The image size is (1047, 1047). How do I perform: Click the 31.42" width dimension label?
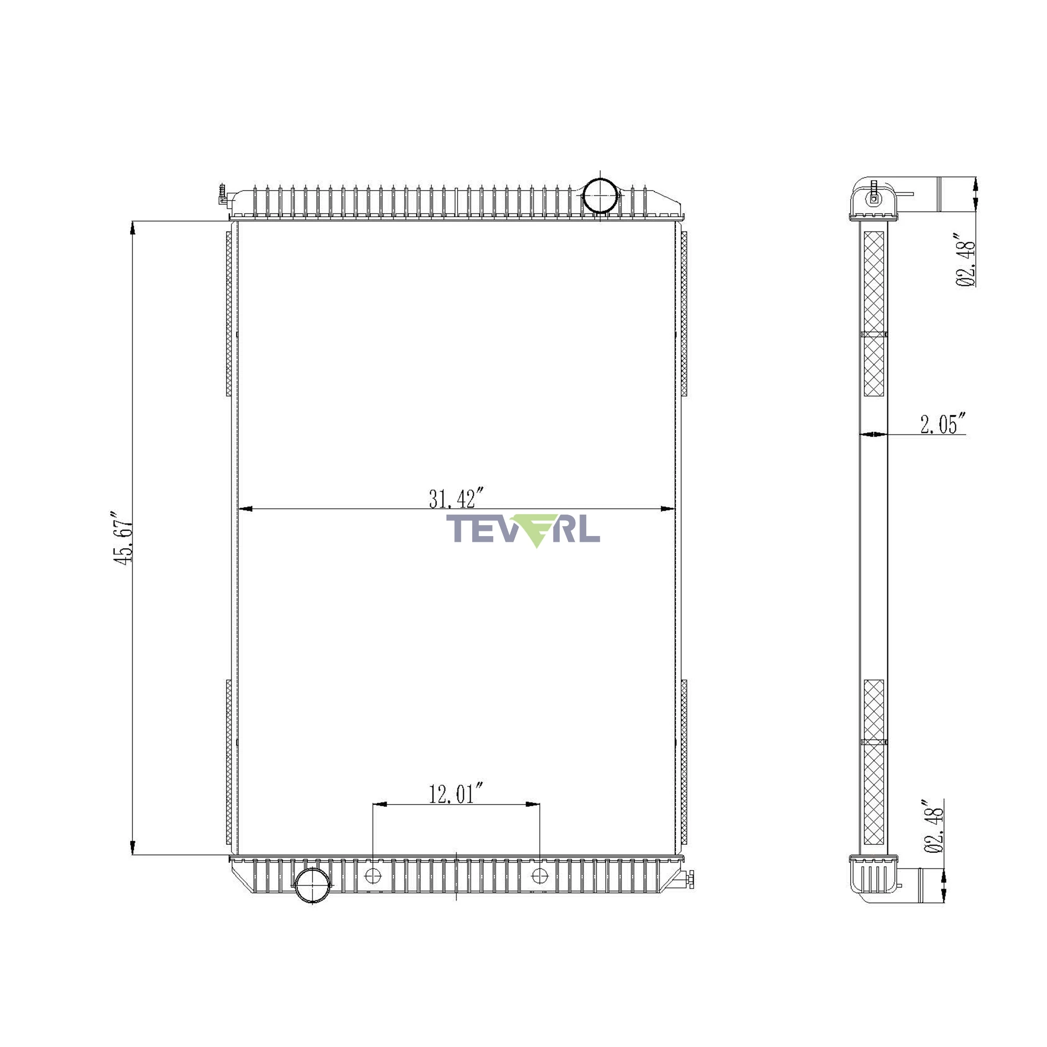tap(456, 498)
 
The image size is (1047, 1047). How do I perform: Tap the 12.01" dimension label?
tap(456, 794)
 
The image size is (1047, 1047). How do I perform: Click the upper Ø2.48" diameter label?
tap(965, 260)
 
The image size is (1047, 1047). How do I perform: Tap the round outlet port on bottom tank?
tap(313, 885)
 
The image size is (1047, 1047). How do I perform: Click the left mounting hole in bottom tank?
tap(373, 875)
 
